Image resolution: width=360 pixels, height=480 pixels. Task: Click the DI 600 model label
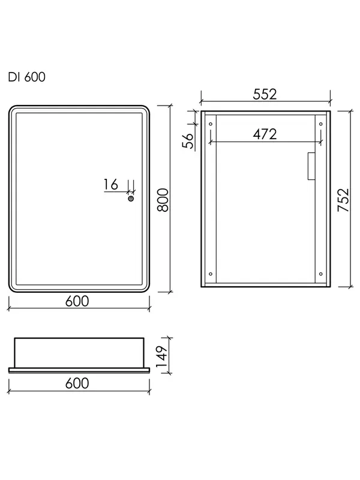click(x=26, y=77)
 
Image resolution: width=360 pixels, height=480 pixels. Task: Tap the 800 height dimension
click(x=163, y=200)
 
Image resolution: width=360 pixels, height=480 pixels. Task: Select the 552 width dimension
click(x=265, y=94)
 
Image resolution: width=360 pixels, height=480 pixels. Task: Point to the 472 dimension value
click(x=265, y=134)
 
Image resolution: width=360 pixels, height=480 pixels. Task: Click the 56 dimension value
click(x=188, y=140)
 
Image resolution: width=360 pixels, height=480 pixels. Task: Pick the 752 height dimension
click(x=343, y=200)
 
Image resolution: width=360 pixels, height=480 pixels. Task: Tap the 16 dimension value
click(x=110, y=184)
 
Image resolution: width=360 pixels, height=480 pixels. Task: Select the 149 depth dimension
click(x=161, y=356)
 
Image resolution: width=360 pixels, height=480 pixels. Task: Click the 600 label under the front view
click(x=77, y=301)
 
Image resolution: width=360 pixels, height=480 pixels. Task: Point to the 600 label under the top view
click(x=77, y=383)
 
